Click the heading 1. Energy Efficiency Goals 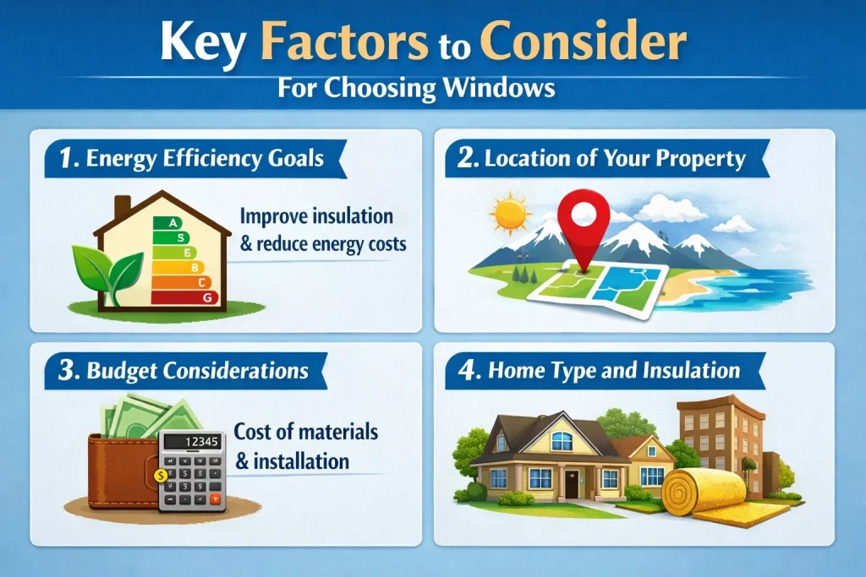(x=193, y=159)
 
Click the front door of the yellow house (x=573, y=484)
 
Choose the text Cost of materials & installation (x=305, y=446)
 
